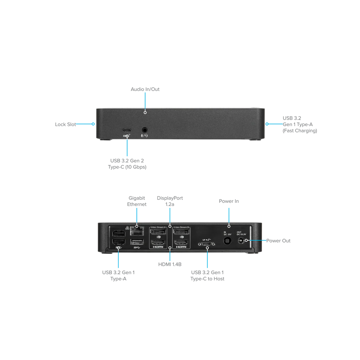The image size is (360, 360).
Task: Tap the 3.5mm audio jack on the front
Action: click(x=145, y=130)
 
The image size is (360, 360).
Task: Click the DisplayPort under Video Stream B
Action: click(x=181, y=232)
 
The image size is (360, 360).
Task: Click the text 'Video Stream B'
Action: click(x=181, y=227)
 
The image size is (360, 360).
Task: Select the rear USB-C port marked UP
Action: click(x=207, y=244)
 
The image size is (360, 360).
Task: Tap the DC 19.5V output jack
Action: click(x=241, y=241)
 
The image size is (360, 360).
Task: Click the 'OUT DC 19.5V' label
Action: click(x=241, y=233)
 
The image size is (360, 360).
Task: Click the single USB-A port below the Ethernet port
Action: click(x=137, y=241)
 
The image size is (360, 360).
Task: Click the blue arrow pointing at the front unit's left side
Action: click(x=85, y=124)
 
